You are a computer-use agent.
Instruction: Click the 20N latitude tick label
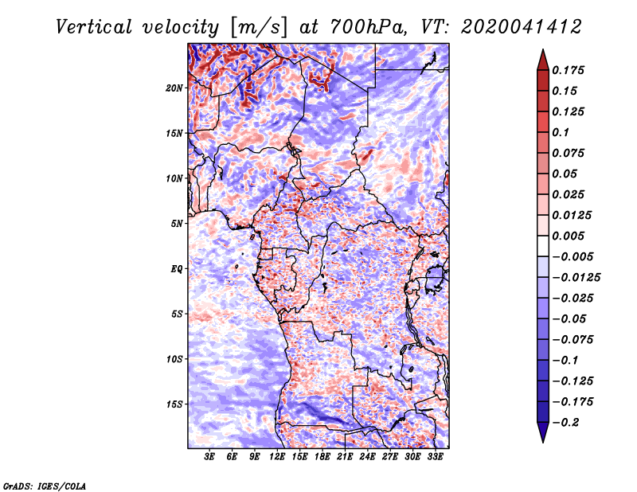[174, 88]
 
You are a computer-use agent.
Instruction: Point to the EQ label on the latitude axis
[177, 269]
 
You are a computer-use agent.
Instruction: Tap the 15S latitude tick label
[174, 404]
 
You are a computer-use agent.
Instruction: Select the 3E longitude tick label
[209, 457]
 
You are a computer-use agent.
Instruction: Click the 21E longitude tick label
[345, 457]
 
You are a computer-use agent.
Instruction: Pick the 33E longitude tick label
[435, 457]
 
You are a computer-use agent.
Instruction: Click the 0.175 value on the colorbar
[568, 71]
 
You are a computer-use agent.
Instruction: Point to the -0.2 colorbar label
[565, 423]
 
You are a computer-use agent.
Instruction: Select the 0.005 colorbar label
[568, 236]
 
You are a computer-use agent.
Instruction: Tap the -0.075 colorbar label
[573, 340]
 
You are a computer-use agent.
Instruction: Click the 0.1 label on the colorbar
[561, 133]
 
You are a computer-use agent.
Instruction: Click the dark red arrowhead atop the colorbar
[543, 61]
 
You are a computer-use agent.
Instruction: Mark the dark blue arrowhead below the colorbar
[543, 432]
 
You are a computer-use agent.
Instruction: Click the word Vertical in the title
[94, 27]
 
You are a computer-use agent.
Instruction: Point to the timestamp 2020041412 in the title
[522, 27]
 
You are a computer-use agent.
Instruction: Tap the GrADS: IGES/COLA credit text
[45, 486]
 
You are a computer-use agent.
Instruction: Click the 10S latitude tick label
[174, 360]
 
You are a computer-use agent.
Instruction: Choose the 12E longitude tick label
[276, 457]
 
